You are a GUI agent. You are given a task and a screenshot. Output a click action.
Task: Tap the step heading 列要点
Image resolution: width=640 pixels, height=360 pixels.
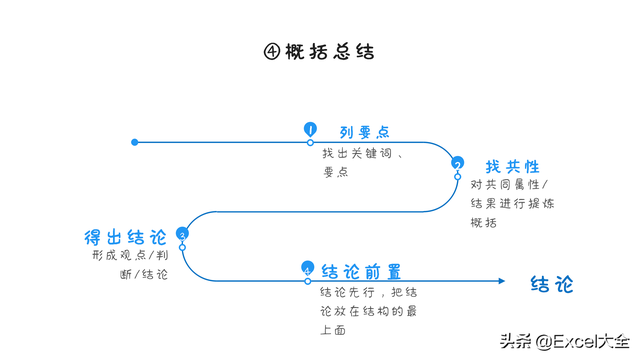(x=364, y=131)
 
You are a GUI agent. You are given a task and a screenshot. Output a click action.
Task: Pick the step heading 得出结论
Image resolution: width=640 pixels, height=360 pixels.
(x=126, y=237)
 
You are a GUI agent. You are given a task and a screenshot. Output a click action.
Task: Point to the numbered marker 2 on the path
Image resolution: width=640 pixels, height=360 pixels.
(x=457, y=164)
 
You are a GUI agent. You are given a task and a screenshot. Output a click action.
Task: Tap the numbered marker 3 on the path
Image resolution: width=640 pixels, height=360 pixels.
(x=182, y=234)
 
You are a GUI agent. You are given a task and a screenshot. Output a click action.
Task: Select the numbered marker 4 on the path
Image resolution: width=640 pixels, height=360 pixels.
(x=307, y=269)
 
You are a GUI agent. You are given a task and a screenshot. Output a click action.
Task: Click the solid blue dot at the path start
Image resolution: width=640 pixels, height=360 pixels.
(x=135, y=142)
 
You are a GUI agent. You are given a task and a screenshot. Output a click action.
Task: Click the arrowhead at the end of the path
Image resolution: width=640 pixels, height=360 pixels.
(x=502, y=281)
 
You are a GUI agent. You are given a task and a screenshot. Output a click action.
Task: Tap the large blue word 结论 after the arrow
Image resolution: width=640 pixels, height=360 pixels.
(x=552, y=284)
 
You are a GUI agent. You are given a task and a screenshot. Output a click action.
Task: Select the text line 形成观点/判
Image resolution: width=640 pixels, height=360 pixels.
(x=129, y=255)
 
